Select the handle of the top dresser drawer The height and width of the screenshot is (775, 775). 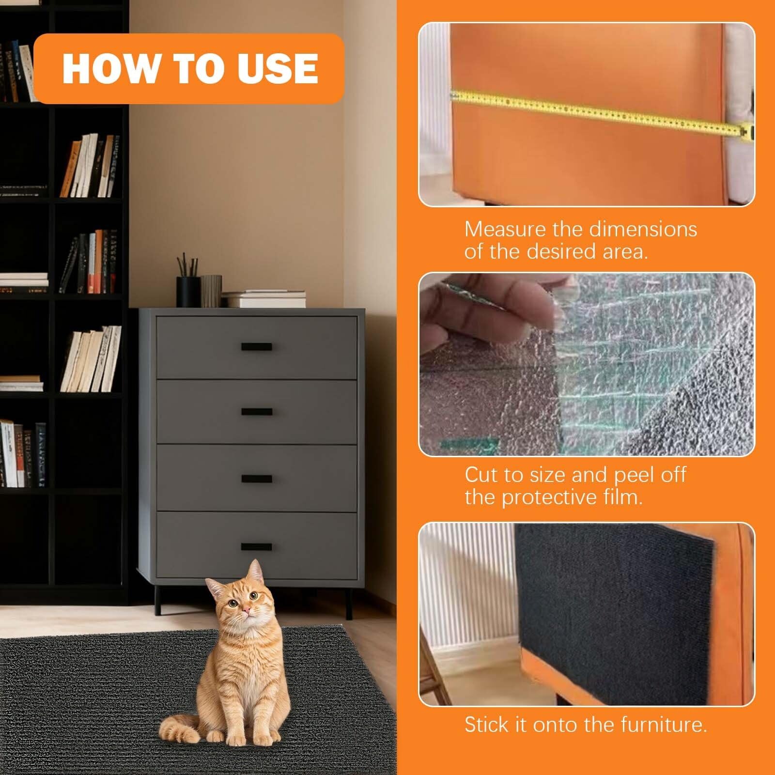257,346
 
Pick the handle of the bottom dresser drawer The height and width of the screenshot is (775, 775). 257,547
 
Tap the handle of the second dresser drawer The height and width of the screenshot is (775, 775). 257,412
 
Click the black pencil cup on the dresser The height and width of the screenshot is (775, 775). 188,292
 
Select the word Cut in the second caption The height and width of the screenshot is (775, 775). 481,475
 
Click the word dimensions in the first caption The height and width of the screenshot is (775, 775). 624,229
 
